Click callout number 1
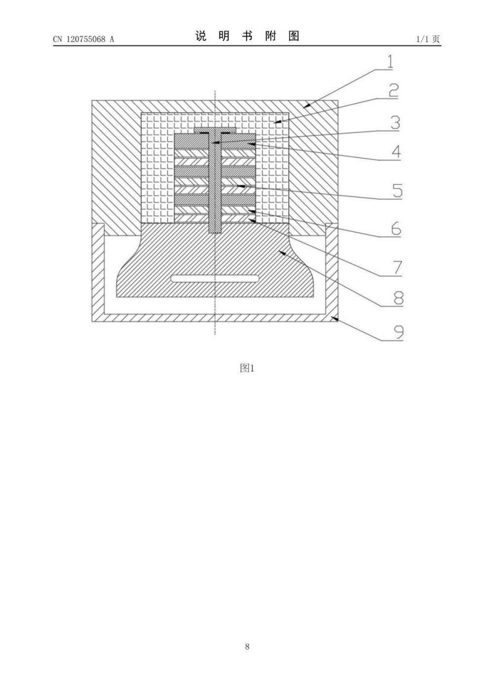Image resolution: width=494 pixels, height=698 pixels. coord(390,62)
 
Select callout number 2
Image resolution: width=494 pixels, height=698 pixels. coord(393,90)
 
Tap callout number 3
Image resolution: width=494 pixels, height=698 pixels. coord(395,123)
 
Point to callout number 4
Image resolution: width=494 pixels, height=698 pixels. coord(396,152)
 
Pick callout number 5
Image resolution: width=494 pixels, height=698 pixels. coord(397,191)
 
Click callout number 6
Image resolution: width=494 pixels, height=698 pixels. coord(396,229)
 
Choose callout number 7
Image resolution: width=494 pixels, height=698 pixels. coord(397,268)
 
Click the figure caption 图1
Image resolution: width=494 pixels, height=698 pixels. coord(247,369)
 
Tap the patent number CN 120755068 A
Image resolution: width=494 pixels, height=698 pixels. coord(83,39)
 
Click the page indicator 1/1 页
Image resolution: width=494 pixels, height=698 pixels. coord(428,39)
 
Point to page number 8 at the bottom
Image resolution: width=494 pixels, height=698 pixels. coord(247,647)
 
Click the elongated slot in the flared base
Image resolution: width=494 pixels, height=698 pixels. coord(215,279)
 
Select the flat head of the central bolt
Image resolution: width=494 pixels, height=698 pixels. coord(215,129)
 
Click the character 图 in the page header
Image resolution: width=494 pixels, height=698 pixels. coord(294,36)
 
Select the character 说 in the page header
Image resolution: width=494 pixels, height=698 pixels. coord(201,36)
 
